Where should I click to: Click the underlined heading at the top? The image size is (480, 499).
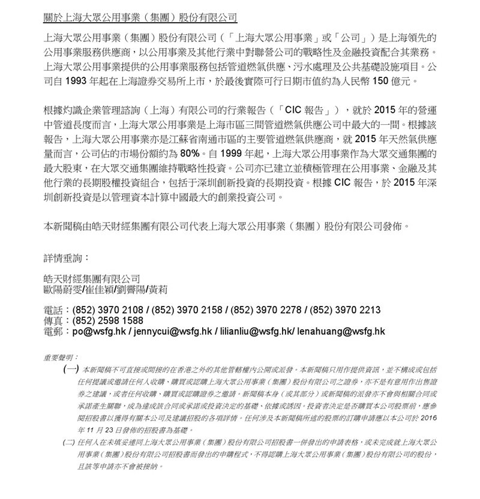tap(140, 17)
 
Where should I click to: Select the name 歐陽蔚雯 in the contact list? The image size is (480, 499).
tap(65, 289)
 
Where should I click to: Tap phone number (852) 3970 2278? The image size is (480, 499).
tap(266, 310)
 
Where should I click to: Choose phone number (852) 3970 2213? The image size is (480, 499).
tap(345, 310)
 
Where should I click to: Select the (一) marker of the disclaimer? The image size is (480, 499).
tap(70, 369)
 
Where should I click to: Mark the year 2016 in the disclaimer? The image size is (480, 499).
tap(427, 417)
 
